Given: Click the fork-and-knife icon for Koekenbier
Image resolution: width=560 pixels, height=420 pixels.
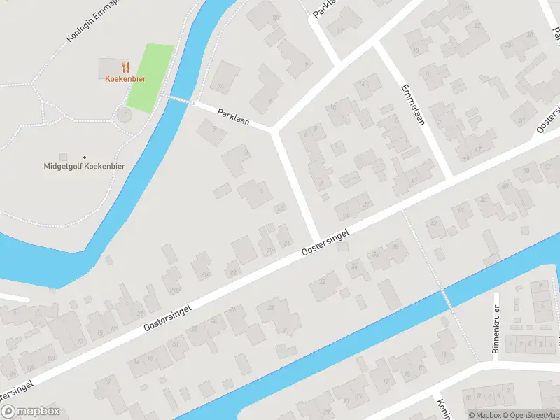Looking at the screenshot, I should point(126,67).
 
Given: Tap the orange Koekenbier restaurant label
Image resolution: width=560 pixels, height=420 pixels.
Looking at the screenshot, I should point(125,79).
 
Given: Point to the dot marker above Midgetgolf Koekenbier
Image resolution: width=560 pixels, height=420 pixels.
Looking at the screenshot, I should point(85,157).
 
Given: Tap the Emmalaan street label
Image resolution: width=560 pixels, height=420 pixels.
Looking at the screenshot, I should point(414,106).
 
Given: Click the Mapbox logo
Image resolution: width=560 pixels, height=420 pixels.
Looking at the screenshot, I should point(31,412).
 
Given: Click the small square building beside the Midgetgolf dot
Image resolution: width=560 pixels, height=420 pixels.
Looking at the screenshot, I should point(64,157).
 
